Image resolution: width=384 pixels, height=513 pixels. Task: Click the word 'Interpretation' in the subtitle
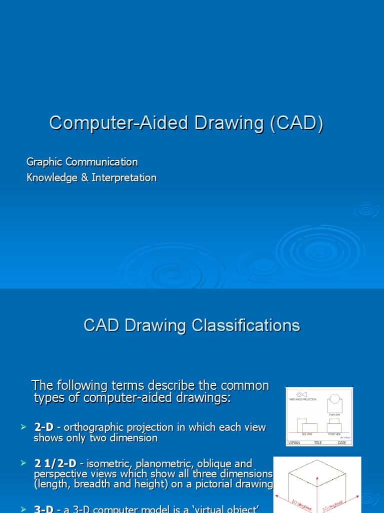pos(124,178)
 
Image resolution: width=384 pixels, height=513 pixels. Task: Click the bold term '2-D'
pos(44,428)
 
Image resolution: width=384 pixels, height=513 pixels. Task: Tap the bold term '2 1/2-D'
pos(55,464)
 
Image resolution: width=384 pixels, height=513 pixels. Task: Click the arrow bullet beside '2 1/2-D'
pos(22,463)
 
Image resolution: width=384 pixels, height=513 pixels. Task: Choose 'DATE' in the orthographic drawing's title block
pos(342,443)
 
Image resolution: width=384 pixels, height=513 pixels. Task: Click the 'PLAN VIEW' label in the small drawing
pos(334,414)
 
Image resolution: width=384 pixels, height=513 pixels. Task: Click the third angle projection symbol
pos(302,394)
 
